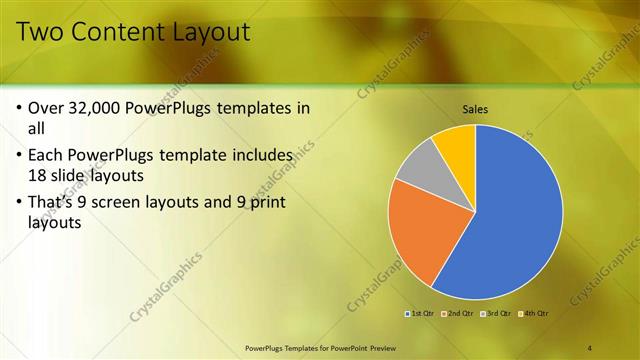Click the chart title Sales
(475, 109)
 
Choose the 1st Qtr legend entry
(420, 313)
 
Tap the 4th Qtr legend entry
(533, 313)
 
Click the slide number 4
(590, 348)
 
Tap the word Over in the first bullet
(47, 108)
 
